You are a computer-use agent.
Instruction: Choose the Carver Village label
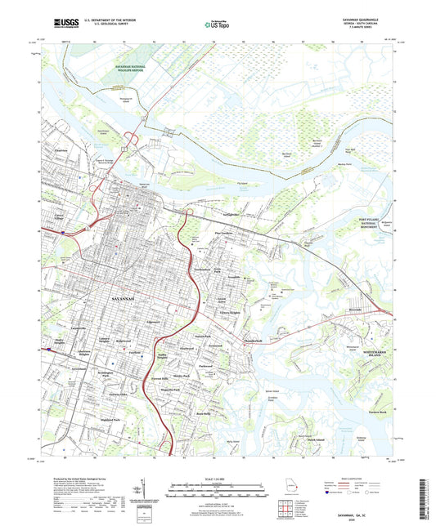click(59, 217)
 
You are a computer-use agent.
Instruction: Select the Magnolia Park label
click(169, 390)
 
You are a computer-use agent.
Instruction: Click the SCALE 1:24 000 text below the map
click(217, 478)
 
